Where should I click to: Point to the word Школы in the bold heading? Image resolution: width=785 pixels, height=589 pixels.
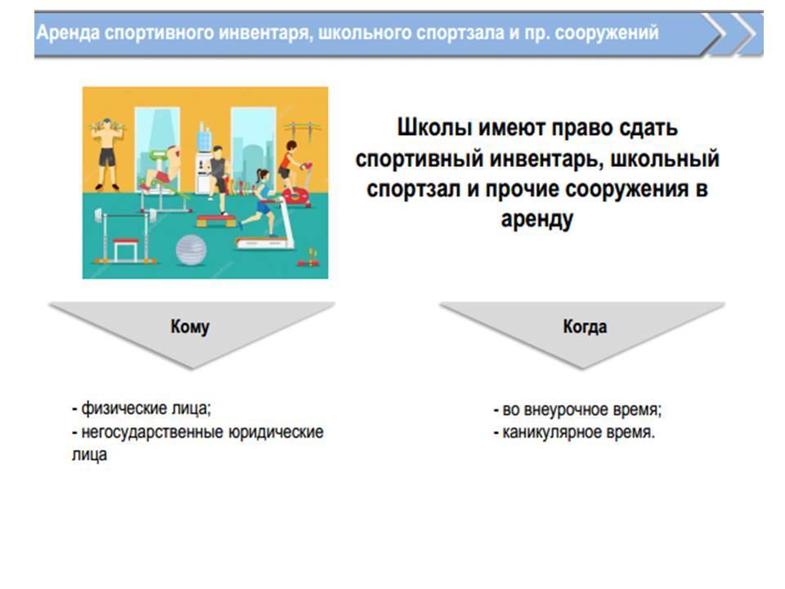click(434, 128)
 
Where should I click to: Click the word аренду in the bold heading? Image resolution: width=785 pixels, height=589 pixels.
click(537, 219)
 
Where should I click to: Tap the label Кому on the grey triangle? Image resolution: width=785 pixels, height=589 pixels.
click(190, 326)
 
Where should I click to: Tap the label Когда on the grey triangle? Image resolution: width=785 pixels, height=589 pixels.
click(585, 326)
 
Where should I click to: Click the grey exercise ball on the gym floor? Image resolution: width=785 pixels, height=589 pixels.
click(191, 250)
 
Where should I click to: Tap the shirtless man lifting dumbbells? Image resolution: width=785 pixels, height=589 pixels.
click(106, 153)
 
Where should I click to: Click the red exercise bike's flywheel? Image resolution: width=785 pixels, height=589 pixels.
click(296, 196)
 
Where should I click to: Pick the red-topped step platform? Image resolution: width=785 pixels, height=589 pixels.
click(216, 219)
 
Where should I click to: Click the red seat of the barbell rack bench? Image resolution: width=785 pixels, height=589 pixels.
click(125, 241)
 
